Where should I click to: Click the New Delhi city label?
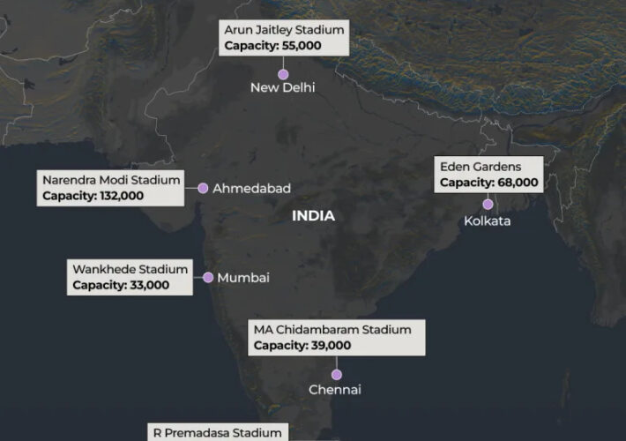pyautogui.click(x=282, y=87)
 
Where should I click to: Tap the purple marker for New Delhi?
pyautogui.click(x=283, y=74)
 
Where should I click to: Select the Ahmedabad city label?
pyautogui.click(x=251, y=189)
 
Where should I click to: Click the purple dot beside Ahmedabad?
pyautogui.click(x=203, y=188)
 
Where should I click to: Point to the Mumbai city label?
pyautogui.click(x=243, y=278)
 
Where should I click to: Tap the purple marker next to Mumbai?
pyautogui.click(x=208, y=278)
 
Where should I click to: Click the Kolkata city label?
pyautogui.click(x=487, y=221)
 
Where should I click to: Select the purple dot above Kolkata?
pyautogui.click(x=488, y=205)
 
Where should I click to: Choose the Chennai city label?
pyautogui.click(x=335, y=390)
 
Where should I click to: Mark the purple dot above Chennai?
pyautogui.click(x=336, y=375)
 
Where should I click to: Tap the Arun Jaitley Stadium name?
pyautogui.click(x=284, y=30)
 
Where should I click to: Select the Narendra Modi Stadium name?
pyautogui.click(x=111, y=180)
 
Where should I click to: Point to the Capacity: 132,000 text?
pyautogui.click(x=93, y=196)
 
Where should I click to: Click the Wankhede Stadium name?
pyautogui.click(x=130, y=269)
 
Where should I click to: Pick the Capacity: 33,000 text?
pyautogui.click(x=121, y=285)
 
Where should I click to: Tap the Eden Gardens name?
pyautogui.click(x=481, y=166)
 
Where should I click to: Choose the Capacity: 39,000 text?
pyautogui.click(x=302, y=346)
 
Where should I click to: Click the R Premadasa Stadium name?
pyautogui.click(x=217, y=433)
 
